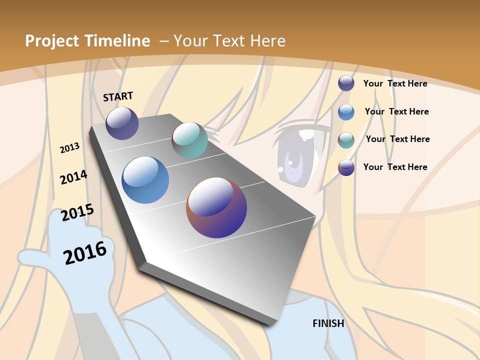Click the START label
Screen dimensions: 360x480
tap(118, 96)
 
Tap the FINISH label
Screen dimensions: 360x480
tap(328, 323)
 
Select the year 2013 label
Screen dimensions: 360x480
tap(69, 148)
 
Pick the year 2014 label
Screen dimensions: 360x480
tap(73, 177)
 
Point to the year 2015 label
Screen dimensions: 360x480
tap(77, 212)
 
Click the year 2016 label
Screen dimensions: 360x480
tap(85, 252)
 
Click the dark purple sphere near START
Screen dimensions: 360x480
tap(122, 123)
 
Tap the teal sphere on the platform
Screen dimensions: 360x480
tap(189, 140)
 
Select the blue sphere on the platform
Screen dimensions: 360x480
tap(145, 180)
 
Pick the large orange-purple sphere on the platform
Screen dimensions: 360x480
tap(216, 207)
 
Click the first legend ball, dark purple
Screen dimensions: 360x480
tap(346, 83)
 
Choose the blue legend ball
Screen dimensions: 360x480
tap(346, 111)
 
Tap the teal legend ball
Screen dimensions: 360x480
tap(346, 139)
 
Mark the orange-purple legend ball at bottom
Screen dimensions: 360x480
tap(346, 167)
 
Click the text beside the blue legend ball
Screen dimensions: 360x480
tap(396, 111)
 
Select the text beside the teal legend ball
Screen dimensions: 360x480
tap(397, 139)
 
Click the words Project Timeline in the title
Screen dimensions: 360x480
tap(87, 41)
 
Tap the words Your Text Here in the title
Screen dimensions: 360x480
tap(229, 41)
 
